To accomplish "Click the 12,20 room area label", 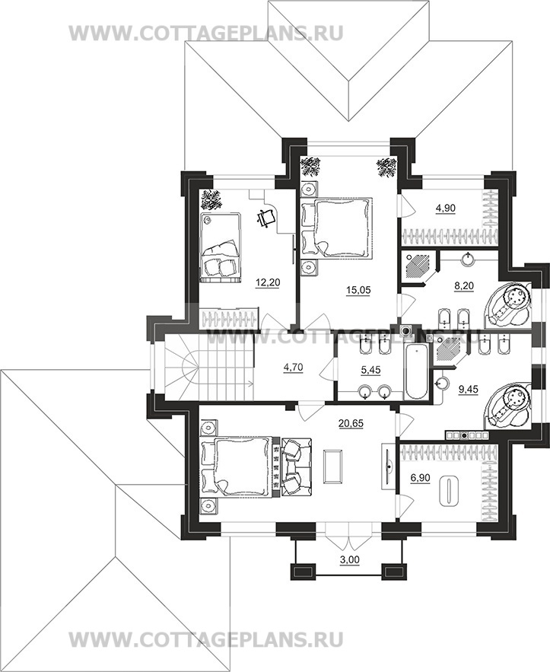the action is coord(265,282).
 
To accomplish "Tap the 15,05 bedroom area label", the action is coord(358,290).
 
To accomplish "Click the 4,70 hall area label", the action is coord(294,368).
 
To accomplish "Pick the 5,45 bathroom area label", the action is coord(370,369).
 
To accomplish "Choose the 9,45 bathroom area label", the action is coord(467,389).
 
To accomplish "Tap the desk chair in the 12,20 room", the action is coord(266,218).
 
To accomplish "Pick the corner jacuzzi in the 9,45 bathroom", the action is coord(510,405).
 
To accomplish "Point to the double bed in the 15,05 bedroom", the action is coord(336,228).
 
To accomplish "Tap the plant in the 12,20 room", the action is coord(211,200).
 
